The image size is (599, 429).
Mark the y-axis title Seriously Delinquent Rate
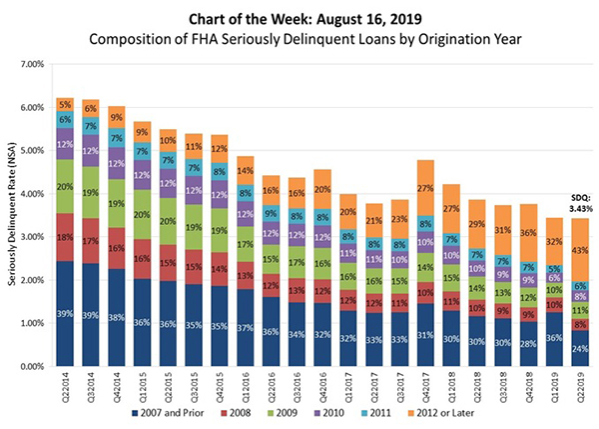pos(14,215)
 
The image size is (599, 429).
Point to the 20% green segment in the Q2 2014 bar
pos(65,186)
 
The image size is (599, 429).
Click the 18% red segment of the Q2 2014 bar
pos(65,237)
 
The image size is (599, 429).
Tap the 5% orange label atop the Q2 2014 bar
pos(65,103)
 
